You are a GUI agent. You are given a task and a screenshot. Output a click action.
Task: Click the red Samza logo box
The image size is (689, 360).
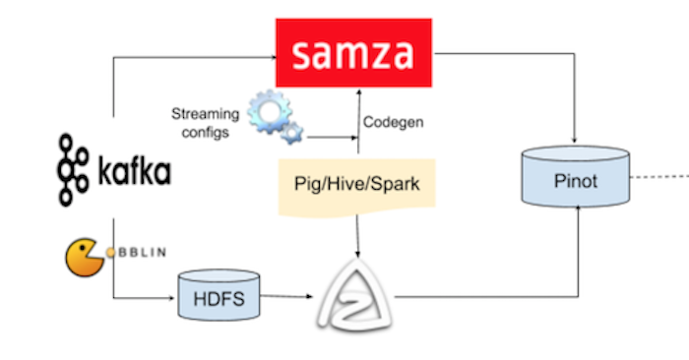[x=355, y=52]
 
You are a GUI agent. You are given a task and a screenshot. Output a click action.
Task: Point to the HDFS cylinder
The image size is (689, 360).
[x=218, y=295]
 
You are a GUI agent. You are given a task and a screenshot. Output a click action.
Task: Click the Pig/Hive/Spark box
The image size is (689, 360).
[x=355, y=185]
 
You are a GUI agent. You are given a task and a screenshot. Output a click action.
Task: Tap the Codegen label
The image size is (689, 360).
[x=392, y=123]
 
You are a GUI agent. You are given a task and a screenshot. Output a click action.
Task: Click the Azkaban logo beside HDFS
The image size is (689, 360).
[x=355, y=295]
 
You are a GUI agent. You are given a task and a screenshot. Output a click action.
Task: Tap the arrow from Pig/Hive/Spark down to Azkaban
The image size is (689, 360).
[x=356, y=241]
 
